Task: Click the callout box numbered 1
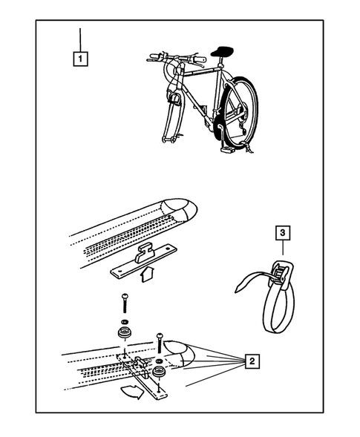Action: coord(81,59)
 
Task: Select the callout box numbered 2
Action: coord(252,361)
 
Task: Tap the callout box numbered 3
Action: coord(283,233)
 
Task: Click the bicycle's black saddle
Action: coord(222,51)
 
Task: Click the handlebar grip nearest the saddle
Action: coord(200,59)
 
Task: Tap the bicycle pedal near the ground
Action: coord(228,150)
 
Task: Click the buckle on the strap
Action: coord(281,275)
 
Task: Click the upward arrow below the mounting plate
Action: coord(147,274)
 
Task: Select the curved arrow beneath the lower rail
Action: coord(131,392)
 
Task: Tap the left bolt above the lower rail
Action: coord(125,303)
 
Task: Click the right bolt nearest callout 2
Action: coord(160,343)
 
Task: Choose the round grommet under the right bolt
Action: coord(160,372)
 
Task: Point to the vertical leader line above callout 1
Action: coord(80,40)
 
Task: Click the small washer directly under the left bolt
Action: coord(125,321)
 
